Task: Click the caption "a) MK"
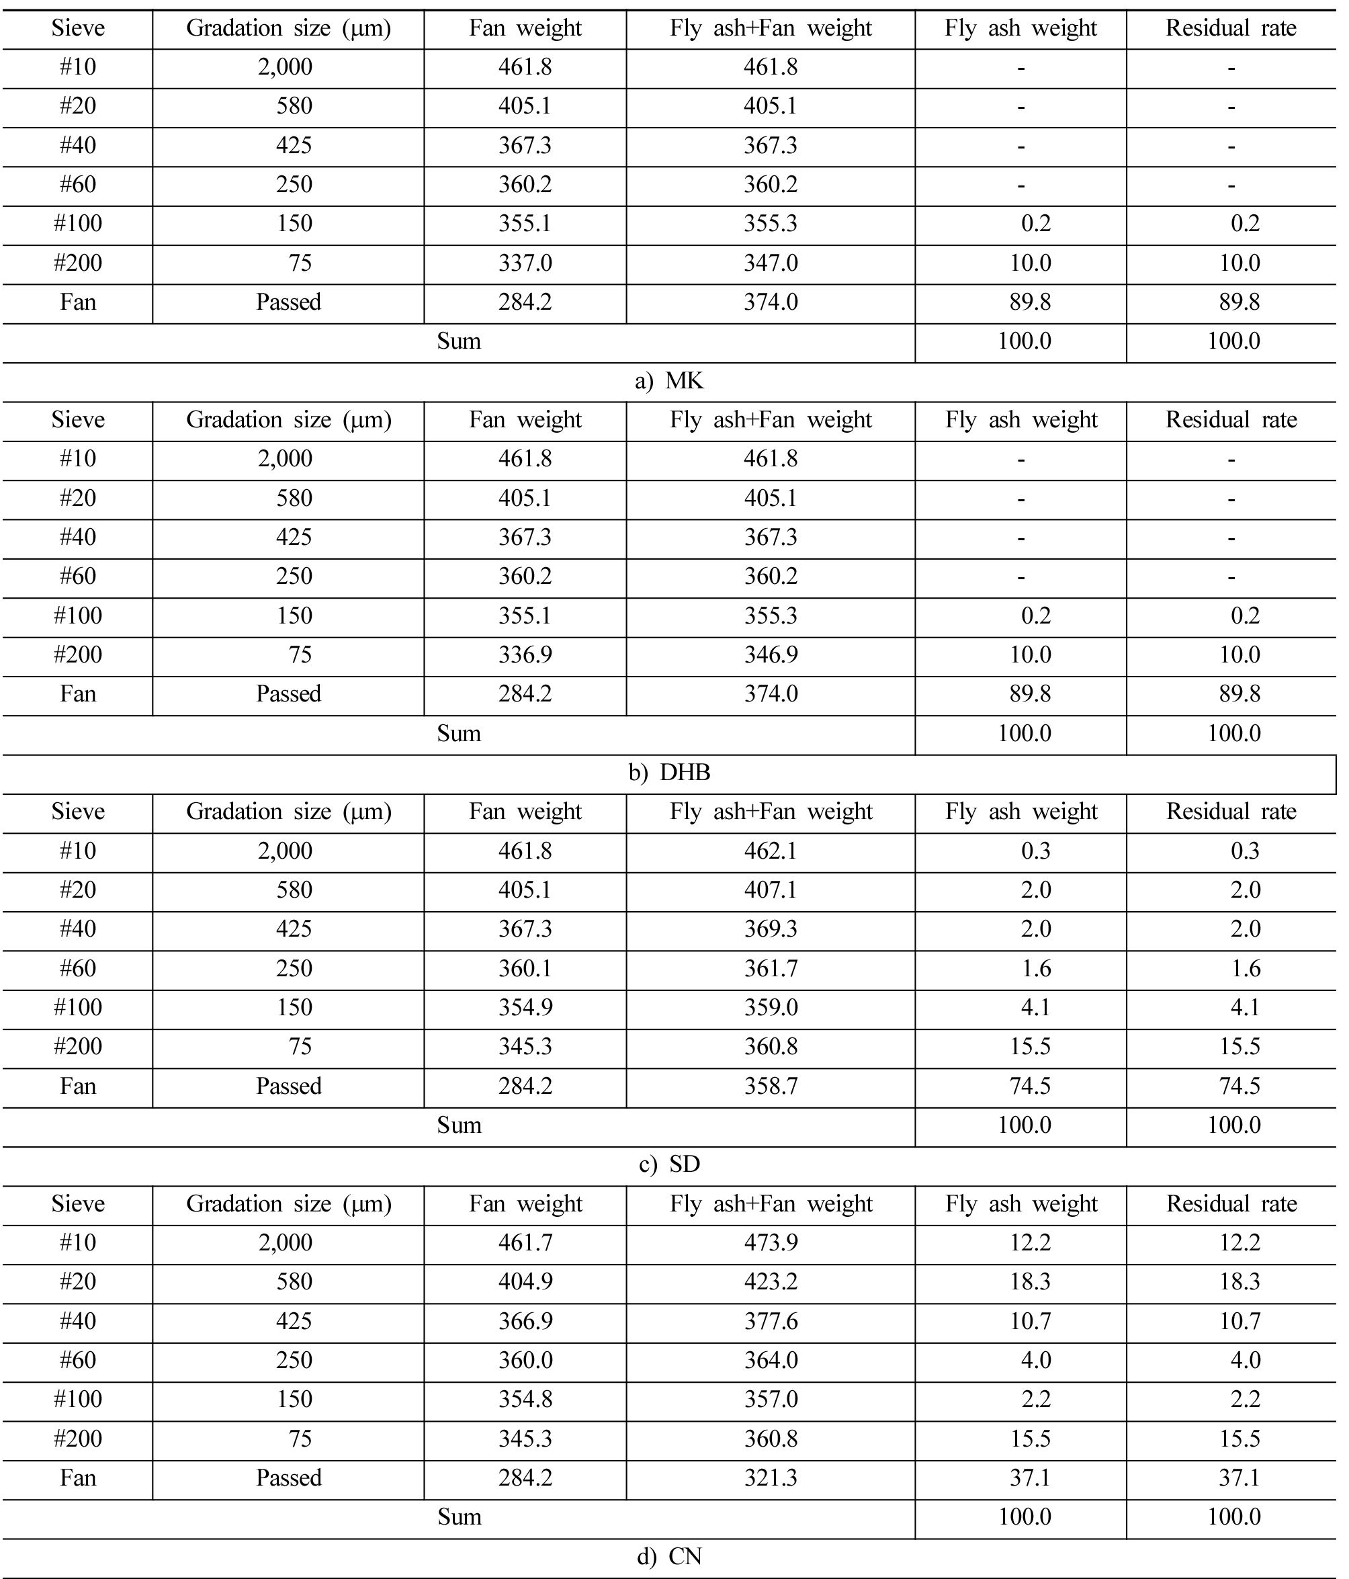[x=668, y=380]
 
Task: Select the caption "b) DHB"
[x=668, y=773]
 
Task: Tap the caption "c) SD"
[x=668, y=1164]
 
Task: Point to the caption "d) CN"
[x=668, y=1556]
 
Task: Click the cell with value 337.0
[x=525, y=263]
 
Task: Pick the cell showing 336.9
[x=525, y=654]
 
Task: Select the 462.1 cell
[x=771, y=851]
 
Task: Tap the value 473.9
[x=771, y=1242]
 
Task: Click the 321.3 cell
[x=771, y=1478]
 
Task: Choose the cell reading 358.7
[x=771, y=1086]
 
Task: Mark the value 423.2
[x=771, y=1282]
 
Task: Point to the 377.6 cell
[x=771, y=1321]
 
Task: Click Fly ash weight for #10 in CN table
[x=1031, y=1242]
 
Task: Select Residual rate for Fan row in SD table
[x=1239, y=1086]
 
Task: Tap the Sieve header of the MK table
[x=78, y=28]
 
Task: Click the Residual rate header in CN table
[x=1231, y=1203]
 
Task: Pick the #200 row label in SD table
[x=78, y=1046]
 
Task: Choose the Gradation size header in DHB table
[x=288, y=420]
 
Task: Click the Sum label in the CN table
[x=459, y=1517]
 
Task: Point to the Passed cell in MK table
[x=288, y=302]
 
